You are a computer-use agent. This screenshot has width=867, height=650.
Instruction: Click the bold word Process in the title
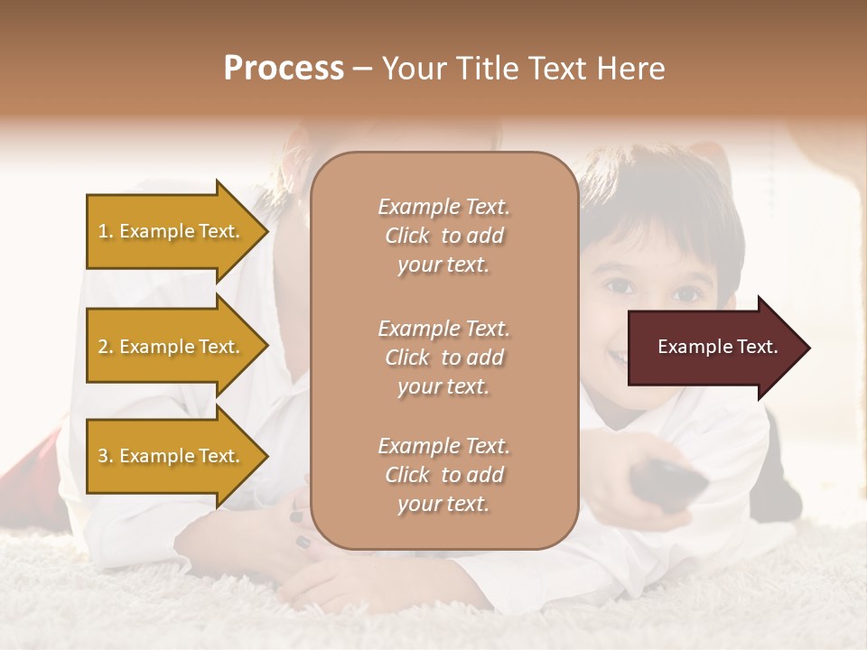click(284, 69)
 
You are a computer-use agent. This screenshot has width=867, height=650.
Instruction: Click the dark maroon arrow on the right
click(713, 348)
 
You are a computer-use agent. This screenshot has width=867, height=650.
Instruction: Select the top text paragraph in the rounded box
click(443, 236)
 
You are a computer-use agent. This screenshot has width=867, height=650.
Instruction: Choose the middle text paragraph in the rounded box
click(443, 357)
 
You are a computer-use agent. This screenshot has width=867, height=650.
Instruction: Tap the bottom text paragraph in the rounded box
click(443, 475)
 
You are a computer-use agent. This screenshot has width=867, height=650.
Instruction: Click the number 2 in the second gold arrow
click(103, 347)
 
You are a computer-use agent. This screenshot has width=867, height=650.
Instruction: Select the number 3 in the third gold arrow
click(103, 456)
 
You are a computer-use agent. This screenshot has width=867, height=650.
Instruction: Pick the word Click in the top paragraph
click(407, 236)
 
